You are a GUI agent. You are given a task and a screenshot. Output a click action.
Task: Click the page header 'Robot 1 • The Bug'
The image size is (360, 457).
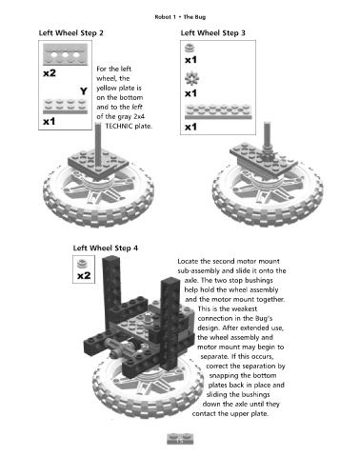pyautogui.click(x=180, y=17)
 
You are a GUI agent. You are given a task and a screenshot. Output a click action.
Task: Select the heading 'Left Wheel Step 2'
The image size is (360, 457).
pyautogui.click(x=71, y=33)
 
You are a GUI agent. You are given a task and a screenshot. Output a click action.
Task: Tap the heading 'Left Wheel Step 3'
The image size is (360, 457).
pyautogui.click(x=213, y=33)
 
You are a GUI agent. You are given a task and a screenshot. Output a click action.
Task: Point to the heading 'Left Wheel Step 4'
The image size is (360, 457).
pyautogui.click(x=106, y=248)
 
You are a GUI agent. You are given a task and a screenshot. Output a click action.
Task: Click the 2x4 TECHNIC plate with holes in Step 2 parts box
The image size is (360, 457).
pyautogui.click(x=66, y=54)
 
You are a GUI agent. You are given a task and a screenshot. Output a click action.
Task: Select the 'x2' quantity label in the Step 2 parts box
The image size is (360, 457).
pyautogui.click(x=50, y=73)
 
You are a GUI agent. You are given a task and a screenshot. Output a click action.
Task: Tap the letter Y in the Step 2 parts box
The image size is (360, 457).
pyautogui.click(x=84, y=91)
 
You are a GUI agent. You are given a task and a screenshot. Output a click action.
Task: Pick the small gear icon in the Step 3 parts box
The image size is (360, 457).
pyautogui.click(x=191, y=78)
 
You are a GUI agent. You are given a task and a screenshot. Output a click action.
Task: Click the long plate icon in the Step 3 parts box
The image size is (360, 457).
pyautogui.click(x=218, y=111)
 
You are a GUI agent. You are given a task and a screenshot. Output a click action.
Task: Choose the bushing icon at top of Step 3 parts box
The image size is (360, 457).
pyautogui.click(x=190, y=49)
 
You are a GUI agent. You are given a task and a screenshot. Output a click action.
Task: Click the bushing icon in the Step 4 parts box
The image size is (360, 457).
pyautogui.click(x=83, y=264)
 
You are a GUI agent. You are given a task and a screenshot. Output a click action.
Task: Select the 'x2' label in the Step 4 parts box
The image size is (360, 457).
pyautogui.click(x=84, y=275)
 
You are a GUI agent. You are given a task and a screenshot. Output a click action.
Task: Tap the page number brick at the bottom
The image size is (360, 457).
pyautogui.click(x=180, y=439)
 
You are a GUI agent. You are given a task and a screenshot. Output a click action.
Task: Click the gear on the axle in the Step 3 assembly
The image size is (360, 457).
pyautogui.click(x=269, y=155)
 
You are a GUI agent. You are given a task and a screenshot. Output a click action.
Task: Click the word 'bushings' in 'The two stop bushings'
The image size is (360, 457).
pyautogui.click(x=259, y=281)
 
